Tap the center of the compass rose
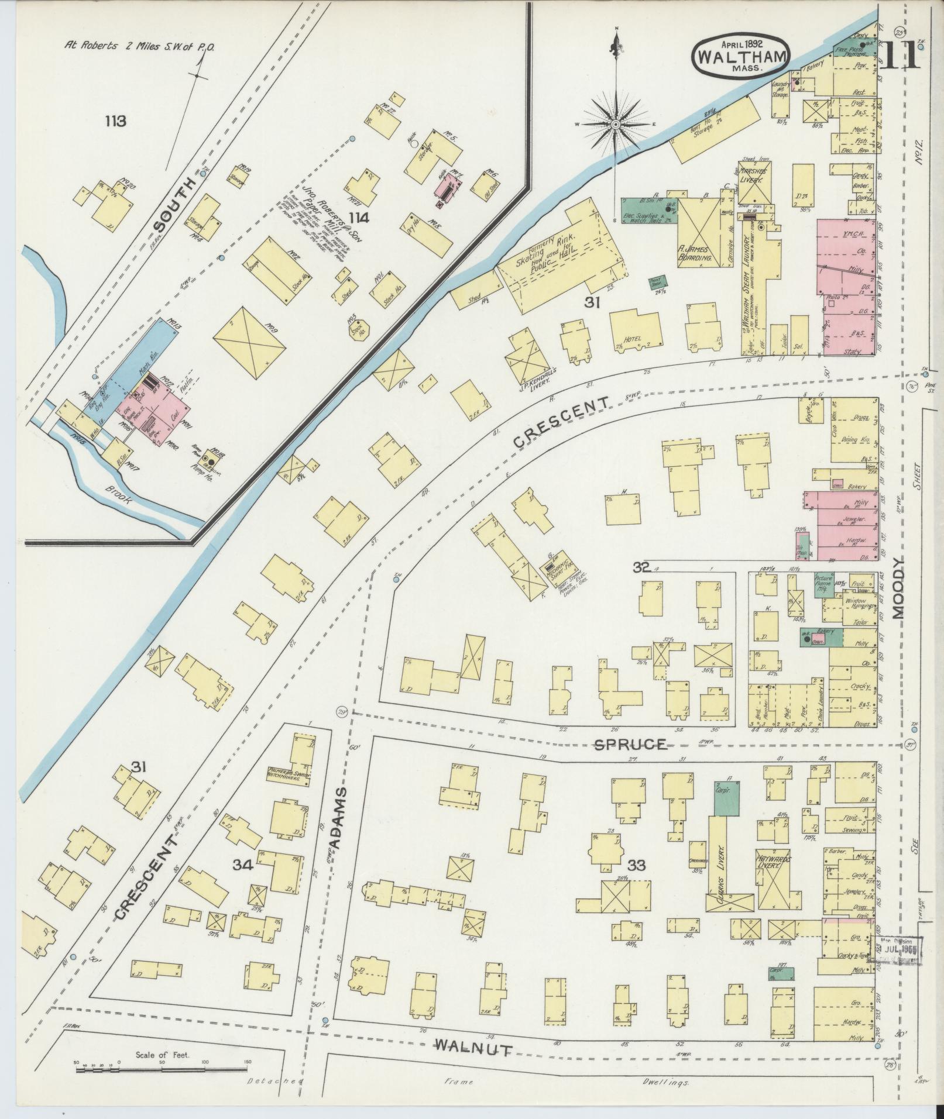pos(616,125)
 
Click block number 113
pos(115,121)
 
